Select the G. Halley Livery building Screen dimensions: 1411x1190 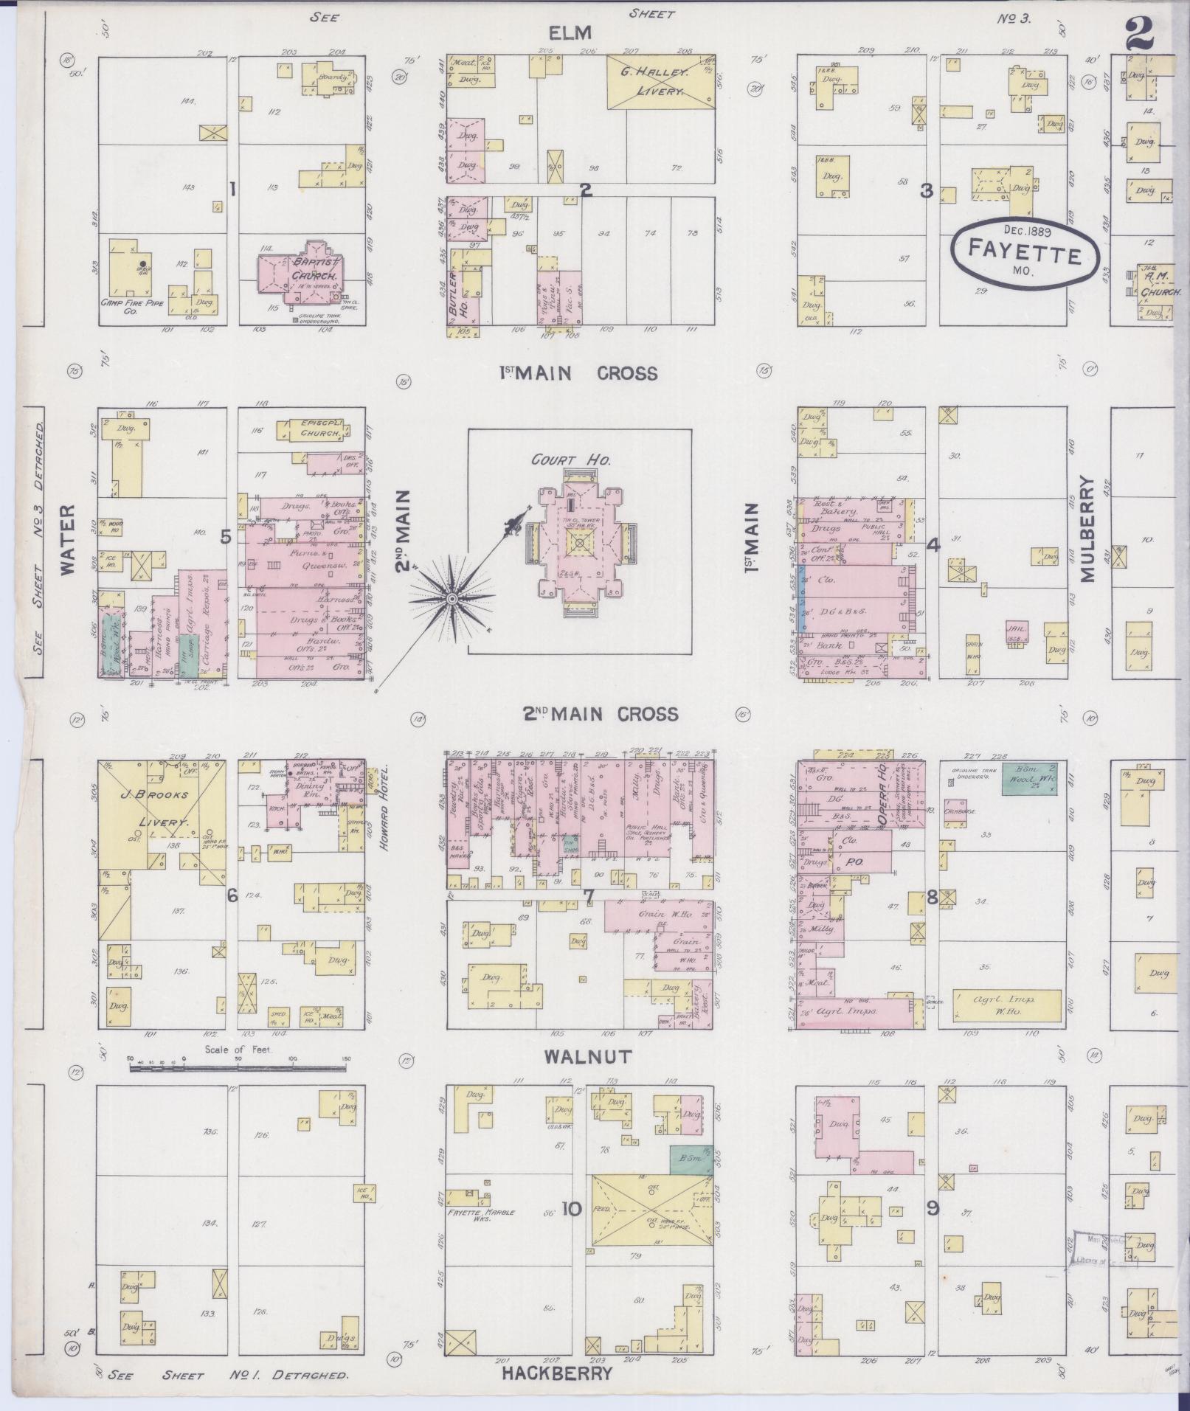(x=659, y=83)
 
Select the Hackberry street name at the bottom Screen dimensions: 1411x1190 (x=558, y=1373)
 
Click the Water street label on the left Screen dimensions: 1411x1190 (x=69, y=539)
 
